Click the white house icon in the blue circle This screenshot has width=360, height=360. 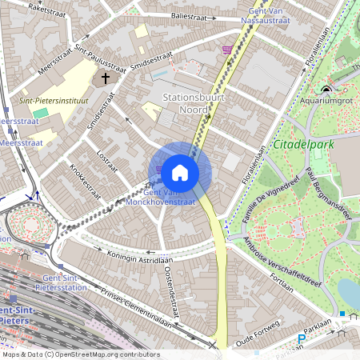[180, 172]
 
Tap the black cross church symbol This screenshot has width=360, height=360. [105, 79]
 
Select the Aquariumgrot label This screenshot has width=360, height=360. [326, 102]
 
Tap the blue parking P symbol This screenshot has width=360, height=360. [302, 339]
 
